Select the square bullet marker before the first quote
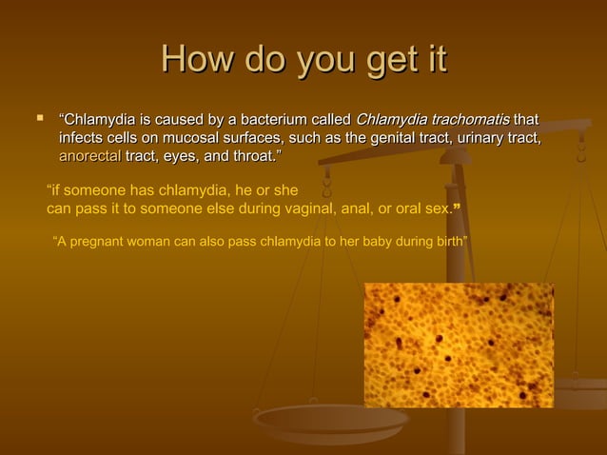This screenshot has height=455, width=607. tap(39, 120)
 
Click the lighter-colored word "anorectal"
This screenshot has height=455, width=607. tap(89, 155)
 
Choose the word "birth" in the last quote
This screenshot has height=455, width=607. tap(448, 241)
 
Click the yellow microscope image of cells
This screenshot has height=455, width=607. tap(458, 345)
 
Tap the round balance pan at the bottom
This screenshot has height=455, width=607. tap(330, 419)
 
